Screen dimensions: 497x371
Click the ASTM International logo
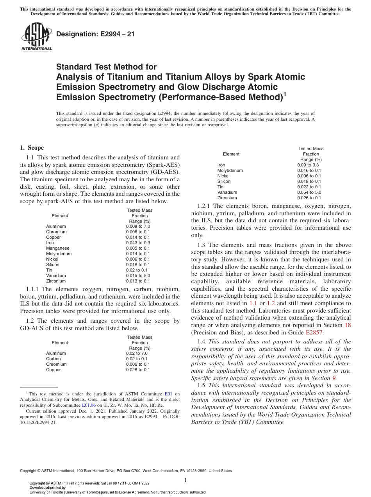(36, 37)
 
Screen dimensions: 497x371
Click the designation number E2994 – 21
(96, 34)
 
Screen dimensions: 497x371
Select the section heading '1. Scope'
(32, 148)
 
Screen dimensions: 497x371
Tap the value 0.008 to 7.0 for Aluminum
(138, 226)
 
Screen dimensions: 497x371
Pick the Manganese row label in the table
(57, 248)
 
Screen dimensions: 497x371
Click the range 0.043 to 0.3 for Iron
(138, 243)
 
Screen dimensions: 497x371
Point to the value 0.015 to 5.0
(138, 275)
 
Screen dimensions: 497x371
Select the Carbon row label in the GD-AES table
(54, 359)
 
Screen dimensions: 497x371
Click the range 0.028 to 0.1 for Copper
(138, 370)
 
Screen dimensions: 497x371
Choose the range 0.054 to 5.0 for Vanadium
(309, 192)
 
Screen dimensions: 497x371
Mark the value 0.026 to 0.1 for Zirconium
(309, 198)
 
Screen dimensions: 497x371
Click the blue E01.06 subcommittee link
(89, 400)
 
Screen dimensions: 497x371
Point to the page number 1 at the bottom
(185, 480)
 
